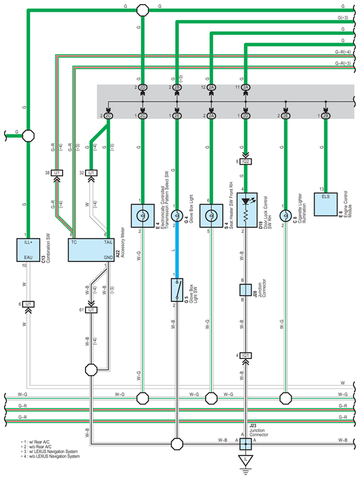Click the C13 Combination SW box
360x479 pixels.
(x=28, y=250)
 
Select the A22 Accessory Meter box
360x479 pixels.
(x=91, y=250)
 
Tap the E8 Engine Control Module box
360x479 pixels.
(x=326, y=204)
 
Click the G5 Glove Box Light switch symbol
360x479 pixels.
(x=177, y=290)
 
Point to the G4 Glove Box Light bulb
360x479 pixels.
(x=177, y=216)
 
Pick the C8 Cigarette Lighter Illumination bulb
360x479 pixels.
(x=286, y=216)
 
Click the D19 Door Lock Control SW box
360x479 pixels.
(x=247, y=210)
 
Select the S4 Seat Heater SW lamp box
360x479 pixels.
(x=211, y=216)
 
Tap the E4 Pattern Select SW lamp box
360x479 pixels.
(x=142, y=216)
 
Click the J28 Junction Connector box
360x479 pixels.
(x=246, y=290)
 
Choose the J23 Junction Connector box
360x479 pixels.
(x=246, y=444)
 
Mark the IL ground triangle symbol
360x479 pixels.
(x=246, y=460)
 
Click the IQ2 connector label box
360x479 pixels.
(x=246, y=161)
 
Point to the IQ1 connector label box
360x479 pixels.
(x=246, y=355)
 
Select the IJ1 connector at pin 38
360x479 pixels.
(x=57, y=173)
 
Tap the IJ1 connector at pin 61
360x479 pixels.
(x=91, y=310)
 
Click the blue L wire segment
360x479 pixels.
(x=177, y=250)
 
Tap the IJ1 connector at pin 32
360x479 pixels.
(x=91, y=173)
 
